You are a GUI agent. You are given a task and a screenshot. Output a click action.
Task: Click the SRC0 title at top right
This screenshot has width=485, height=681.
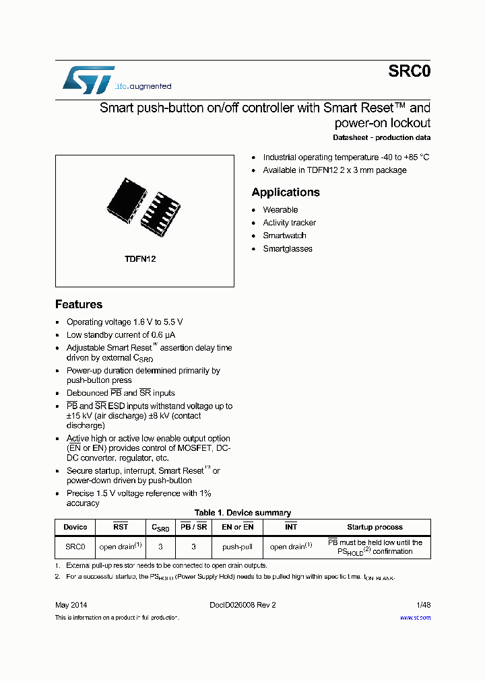tap(409, 72)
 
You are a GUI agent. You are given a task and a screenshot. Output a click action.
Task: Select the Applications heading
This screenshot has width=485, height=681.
tap(286, 192)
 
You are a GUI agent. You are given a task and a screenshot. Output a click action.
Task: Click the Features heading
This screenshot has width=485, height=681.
tap(79, 304)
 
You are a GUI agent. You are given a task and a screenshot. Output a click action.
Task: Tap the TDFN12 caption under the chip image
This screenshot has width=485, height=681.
tap(140, 259)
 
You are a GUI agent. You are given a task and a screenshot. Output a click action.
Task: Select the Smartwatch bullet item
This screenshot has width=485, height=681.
tap(284, 236)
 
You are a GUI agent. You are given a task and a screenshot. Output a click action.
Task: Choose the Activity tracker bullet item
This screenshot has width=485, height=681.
tap(289, 223)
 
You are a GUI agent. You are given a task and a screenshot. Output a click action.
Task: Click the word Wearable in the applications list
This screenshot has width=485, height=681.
tap(280, 210)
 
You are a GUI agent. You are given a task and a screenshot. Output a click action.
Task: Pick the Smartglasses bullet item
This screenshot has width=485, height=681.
tap(287, 249)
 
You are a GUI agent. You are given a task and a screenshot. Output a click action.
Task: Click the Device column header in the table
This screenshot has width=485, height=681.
tap(75, 527)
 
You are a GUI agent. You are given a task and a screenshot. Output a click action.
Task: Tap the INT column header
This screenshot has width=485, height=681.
tap(290, 527)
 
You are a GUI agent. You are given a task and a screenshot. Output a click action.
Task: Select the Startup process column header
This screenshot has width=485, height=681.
tap(375, 527)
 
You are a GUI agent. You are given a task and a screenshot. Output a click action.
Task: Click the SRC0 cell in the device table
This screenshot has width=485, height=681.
tap(75, 547)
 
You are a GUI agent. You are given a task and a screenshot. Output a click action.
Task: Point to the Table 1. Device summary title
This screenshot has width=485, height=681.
tap(243, 513)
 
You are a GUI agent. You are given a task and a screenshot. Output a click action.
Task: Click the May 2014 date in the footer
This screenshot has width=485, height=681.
tap(71, 604)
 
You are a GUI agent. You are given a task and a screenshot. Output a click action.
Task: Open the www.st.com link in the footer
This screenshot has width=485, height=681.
tap(415, 618)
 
